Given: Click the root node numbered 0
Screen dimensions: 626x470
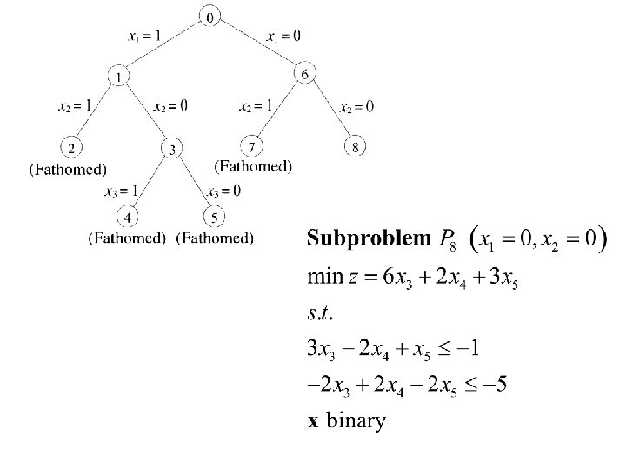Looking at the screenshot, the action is click(210, 16).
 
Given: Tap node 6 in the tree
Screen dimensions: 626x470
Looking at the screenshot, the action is click(304, 74).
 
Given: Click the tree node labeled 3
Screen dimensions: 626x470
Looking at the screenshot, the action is click(173, 150).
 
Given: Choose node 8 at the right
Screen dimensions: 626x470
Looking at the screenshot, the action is click(355, 146).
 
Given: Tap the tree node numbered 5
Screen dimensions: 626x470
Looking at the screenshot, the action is click(214, 215).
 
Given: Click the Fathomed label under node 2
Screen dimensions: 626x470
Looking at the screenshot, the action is click(69, 169).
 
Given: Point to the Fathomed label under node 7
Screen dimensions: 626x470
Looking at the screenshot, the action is click(253, 165).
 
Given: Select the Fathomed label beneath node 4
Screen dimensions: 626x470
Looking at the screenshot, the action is click(127, 237).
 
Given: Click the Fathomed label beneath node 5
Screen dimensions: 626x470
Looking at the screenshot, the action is click(215, 237).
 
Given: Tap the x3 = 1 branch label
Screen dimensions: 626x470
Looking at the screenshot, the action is click(121, 191).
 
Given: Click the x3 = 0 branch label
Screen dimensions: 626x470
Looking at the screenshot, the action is click(224, 191).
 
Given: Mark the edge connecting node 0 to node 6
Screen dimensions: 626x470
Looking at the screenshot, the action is click(258, 45).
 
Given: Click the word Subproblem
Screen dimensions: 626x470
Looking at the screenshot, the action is click(369, 238).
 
